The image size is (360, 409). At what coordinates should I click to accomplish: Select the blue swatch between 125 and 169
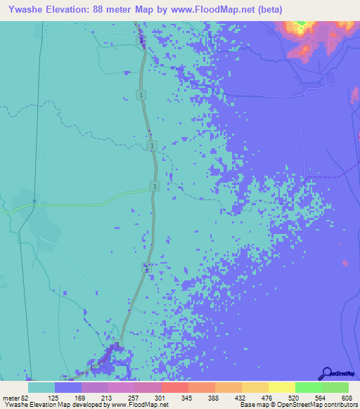(x=68, y=387)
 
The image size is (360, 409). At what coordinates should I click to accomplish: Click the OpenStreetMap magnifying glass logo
(x=326, y=374)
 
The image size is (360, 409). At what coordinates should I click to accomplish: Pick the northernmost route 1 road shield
(x=142, y=94)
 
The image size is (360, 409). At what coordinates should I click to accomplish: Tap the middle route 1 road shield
(x=152, y=145)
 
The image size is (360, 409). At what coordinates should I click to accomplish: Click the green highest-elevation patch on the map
(x=301, y=27)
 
